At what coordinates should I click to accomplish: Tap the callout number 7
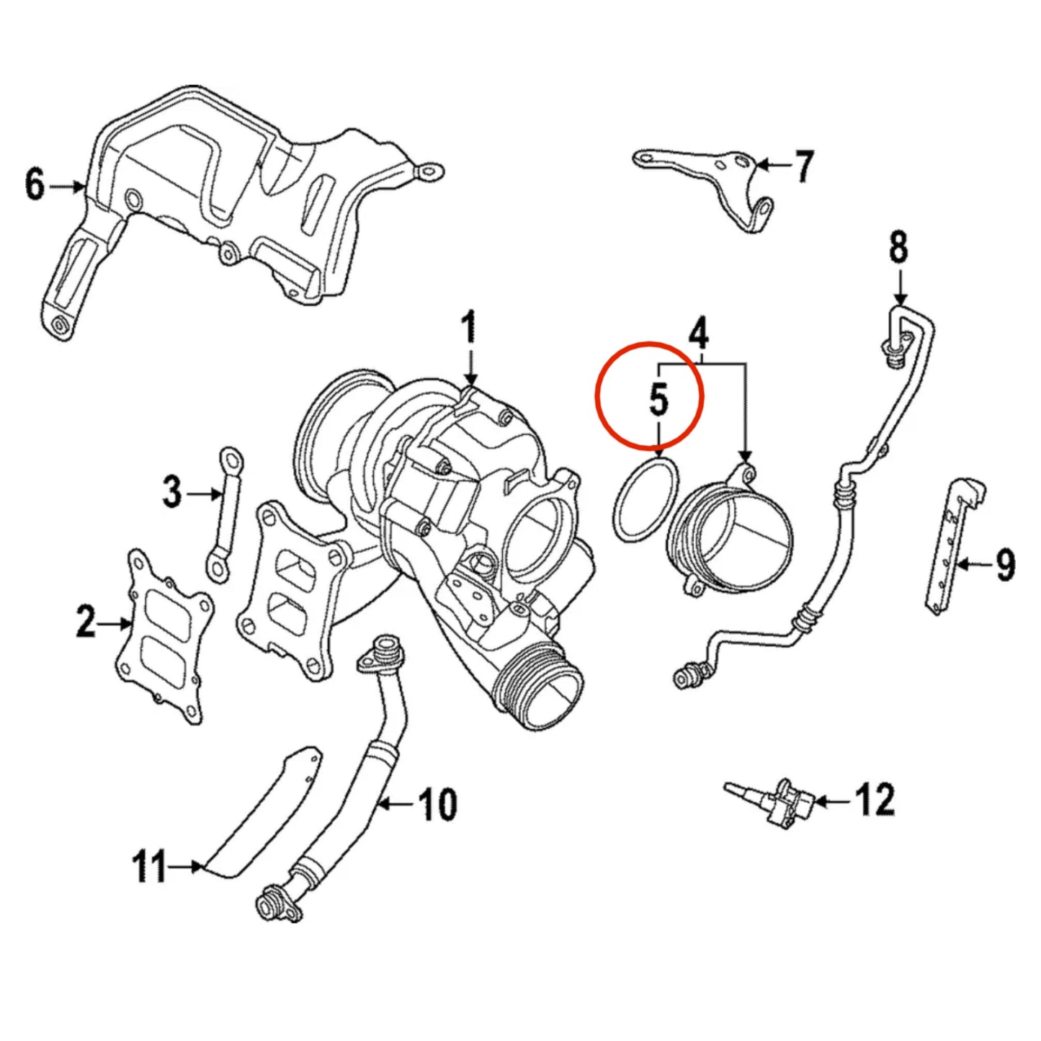pyautogui.click(x=803, y=166)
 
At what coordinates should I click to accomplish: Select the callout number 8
pyautogui.click(x=898, y=248)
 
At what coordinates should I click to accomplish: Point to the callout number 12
pyautogui.click(x=875, y=800)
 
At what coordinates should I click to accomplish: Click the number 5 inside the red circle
pyautogui.click(x=658, y=400)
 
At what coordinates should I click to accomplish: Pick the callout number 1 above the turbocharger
pyautogui.click(x=469, y=329)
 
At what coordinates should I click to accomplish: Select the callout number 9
pyautogui.click(x=1005, y=565)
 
